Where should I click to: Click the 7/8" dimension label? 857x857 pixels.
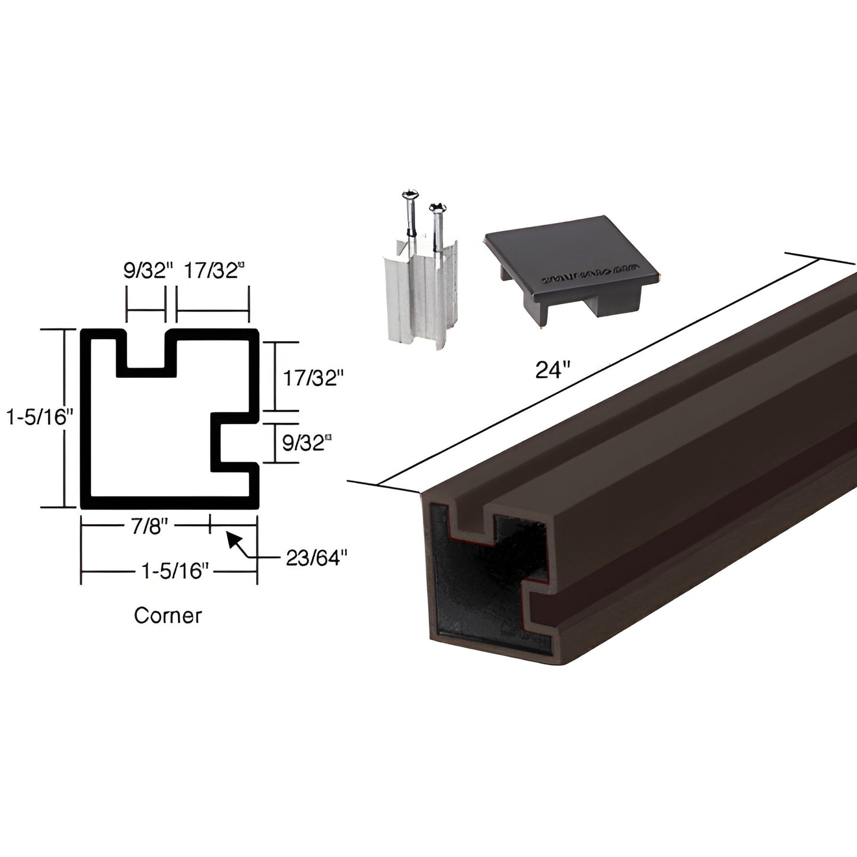146,525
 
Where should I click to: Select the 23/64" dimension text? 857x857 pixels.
316,557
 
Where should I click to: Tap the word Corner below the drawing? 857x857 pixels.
168,615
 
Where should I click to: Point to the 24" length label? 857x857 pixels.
552,370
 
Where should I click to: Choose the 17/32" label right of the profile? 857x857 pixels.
313,378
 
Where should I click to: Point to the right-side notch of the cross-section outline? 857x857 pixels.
234,442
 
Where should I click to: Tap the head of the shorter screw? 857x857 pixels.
437,207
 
